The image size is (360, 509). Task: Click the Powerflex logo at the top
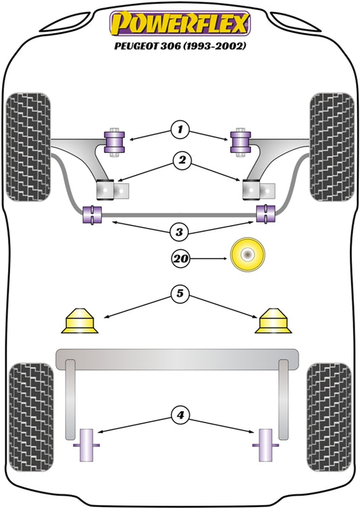(x=180, y=24)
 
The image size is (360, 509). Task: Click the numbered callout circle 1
(x=180, y=130)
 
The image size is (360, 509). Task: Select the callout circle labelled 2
(x=182, y=160)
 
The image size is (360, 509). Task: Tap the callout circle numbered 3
(x=180, y=232)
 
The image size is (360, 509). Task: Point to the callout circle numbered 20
(x=180, y=258)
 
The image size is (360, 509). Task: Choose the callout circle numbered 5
(x=180, y=293)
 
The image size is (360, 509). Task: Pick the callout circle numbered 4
(x=180, y=415)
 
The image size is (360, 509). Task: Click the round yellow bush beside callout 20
(x=248, y=255)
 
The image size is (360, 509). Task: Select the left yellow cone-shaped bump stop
(x=80, y=320)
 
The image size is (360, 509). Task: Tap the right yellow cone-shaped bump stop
(x=273, y=320)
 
